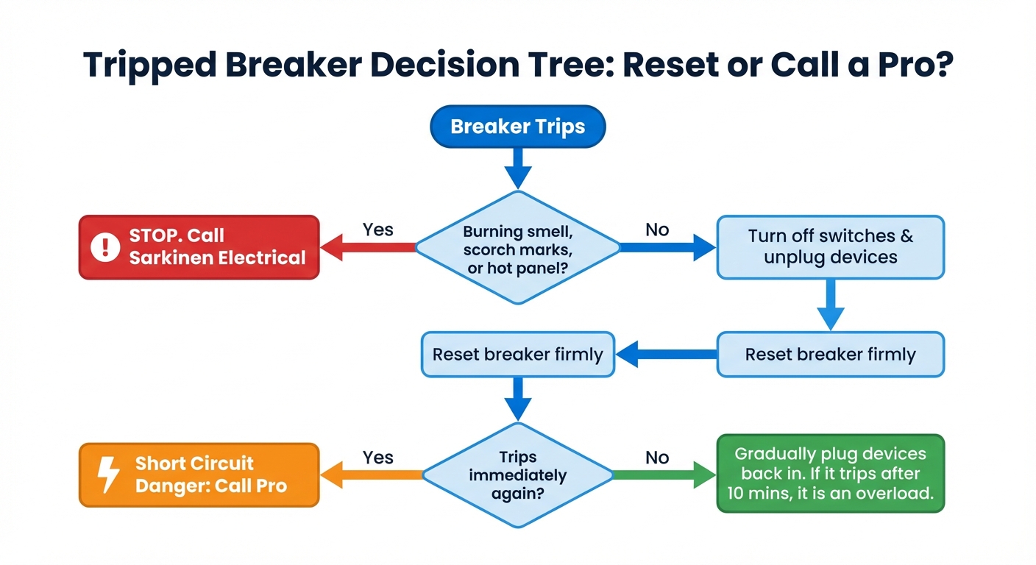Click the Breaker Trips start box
[x=517, y=126]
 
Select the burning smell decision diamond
[x=517, y=249]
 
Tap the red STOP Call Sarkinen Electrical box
[x=199, y=247]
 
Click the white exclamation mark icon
[x=105, y=247]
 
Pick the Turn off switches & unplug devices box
[x=830, y=247]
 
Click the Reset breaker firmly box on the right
[x=830, y=355]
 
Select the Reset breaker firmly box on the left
[x=517, y=355]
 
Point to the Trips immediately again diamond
[x=517, y=475]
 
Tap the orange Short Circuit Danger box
[x=199, y=475]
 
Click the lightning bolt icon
[x=109, y=475]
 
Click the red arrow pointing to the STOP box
[x=368, y=249]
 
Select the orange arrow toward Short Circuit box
[x=372, y=475]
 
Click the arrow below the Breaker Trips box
[x=517, y=168]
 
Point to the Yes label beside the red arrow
[x=378, y=230]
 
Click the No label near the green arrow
[x=657, y=458]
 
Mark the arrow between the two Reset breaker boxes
[x=666, y=355]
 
